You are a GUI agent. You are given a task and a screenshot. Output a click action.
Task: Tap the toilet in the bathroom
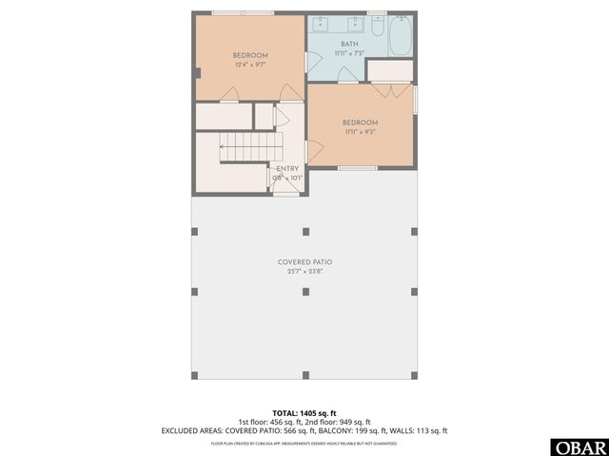(x=377, y=29)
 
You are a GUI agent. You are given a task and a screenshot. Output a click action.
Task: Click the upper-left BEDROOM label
(x=249, y=55)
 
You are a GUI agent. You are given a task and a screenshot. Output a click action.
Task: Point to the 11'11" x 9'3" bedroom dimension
(x=361, y=132)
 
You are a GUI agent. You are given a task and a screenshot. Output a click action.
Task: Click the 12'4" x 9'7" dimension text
(x=249, y=66)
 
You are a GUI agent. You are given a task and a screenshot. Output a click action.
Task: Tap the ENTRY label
(x=287, y=168)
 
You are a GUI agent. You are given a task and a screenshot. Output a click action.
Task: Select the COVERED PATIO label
(x=304, y=261)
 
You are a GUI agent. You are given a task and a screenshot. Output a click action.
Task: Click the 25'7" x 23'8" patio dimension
(x=304, y=272)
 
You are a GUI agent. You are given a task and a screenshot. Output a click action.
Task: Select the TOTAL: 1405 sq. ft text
(x=304, y=413)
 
